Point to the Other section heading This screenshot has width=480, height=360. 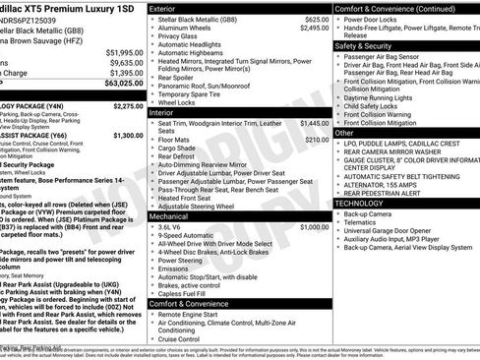click(344, 132)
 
